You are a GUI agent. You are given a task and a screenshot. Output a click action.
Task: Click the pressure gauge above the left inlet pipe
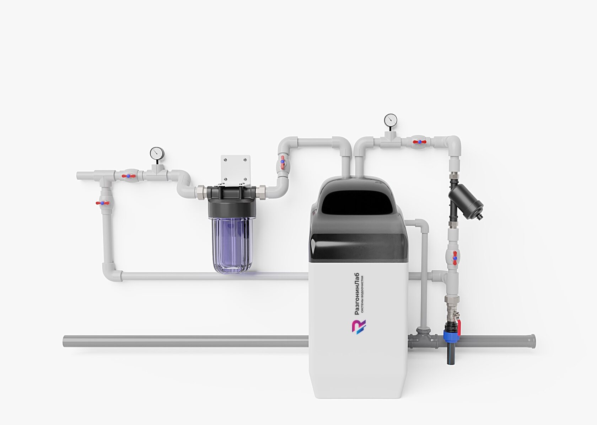click(x=157, y=153)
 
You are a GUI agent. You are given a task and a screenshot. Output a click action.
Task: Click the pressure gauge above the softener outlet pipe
click(x=391, y=120)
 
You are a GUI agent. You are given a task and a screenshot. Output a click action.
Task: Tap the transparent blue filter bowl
click(x=232, y=245)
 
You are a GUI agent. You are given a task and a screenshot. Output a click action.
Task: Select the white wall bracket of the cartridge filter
click(x=235, y=169)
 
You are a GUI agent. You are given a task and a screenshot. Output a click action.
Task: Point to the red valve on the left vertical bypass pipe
click(x=103, y=203)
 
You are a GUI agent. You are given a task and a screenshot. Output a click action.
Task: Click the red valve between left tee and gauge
click(x=128, y=176)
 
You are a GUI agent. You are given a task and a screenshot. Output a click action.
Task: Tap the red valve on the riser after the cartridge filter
click(x=282, y=162)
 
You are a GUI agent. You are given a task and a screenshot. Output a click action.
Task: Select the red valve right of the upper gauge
click(x=419, y=142)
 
